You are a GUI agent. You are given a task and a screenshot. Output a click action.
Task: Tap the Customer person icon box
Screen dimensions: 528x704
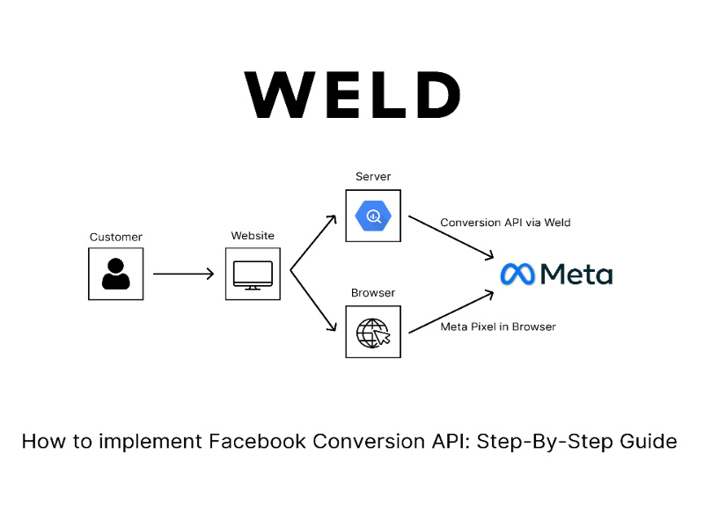point(115,274)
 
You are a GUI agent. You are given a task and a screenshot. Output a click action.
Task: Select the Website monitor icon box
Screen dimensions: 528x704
point(253,274)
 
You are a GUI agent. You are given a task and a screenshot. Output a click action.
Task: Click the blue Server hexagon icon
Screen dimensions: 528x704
point(373,216)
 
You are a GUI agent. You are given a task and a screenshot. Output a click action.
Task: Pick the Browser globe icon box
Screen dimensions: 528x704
point(373,332)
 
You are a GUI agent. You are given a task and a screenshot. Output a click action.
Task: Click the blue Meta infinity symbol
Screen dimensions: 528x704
point(517,274)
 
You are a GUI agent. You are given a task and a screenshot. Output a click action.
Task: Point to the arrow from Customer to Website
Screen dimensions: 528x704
point(183,274)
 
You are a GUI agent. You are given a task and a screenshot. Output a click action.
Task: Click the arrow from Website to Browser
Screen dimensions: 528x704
point(313,304)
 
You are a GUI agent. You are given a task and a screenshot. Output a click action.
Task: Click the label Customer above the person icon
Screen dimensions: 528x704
point(115,238)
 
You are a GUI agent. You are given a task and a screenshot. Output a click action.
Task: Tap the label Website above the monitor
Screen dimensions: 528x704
point(253,236)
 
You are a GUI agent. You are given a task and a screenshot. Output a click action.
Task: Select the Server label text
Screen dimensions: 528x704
point(373,177)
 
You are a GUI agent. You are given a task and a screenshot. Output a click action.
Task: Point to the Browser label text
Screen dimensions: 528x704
point(373,293)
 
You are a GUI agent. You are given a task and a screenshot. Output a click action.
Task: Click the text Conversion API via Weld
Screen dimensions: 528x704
point(505,223)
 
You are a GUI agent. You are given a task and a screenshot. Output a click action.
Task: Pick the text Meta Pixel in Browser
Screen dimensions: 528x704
point(497,326)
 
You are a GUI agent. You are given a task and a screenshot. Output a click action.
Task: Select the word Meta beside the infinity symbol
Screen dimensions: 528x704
point(576,274)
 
